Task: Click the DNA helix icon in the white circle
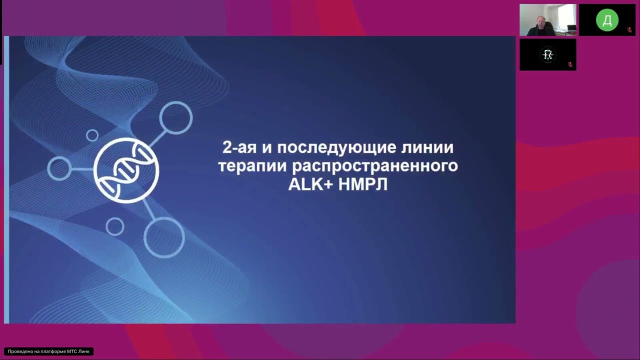tap(126, 169)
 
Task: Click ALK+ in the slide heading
tap(311, 183)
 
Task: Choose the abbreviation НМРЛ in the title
tap(363, 183)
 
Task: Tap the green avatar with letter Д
tap(607, 20)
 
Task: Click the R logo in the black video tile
tap(548, 54)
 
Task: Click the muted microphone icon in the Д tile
tap(629, 30)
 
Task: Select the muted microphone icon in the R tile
tap(570, 64)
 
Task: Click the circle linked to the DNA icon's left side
tap(59, 168)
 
